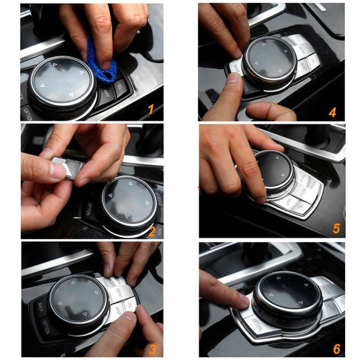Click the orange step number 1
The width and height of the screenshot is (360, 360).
[x=150, y=109]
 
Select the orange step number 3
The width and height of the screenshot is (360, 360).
[x=151, y=348]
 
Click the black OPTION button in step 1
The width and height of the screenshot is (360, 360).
[x=28, y=112]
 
